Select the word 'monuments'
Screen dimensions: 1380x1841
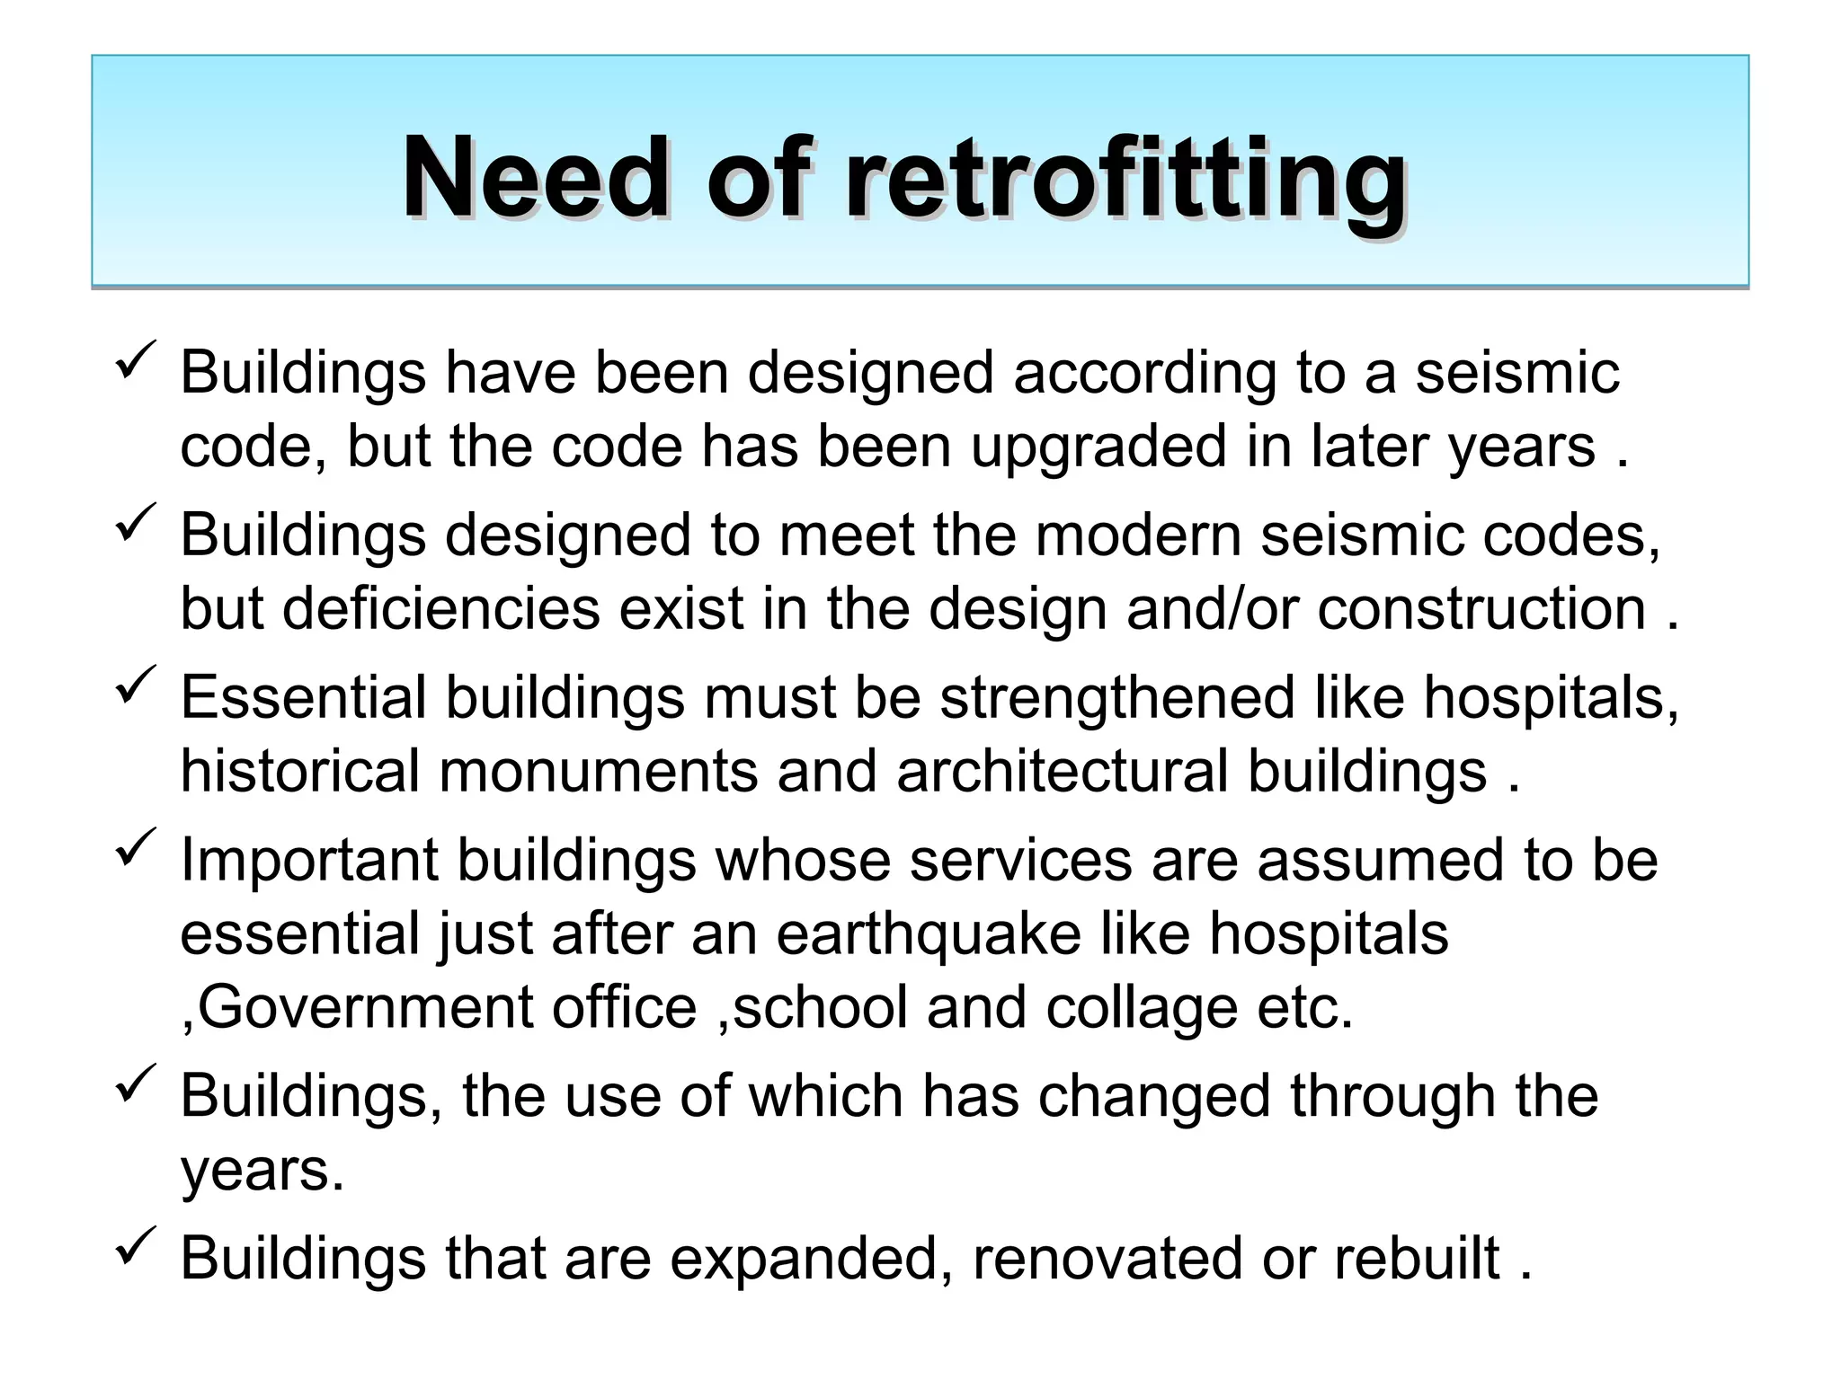(598, 771)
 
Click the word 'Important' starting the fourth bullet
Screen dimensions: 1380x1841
(308, 860)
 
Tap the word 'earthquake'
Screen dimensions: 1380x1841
(928, 933)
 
